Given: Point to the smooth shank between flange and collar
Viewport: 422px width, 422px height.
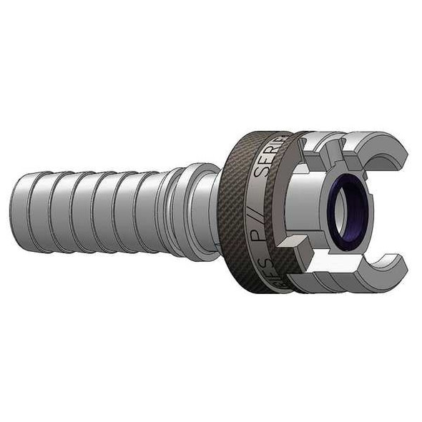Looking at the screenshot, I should point(215,211).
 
